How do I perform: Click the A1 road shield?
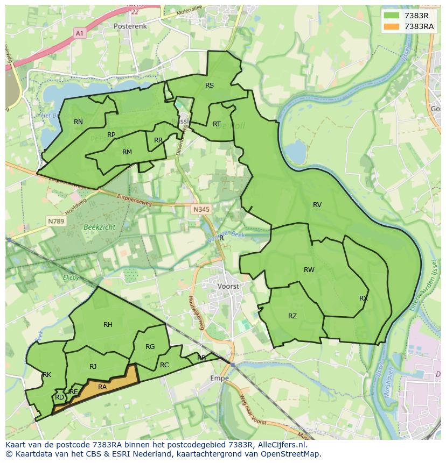pos(80,33)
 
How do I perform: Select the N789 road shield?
pos(56,221)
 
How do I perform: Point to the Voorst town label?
pos(228,287)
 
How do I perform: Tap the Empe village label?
pos(219,378)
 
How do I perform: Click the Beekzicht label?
pos(99,227)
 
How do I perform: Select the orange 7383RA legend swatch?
pos(392,26)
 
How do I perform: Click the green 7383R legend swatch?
pos(392,16)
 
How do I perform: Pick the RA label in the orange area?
pos(102,387)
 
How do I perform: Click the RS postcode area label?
pos(210,86)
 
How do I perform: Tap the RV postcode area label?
pos(317,205)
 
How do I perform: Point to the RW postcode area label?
pos(309,270)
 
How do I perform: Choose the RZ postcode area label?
pos(292,316)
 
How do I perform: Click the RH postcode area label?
pos(108,324)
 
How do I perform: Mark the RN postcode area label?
pos(78,122)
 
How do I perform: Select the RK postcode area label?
pos(47,375)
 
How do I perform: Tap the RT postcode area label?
pos(217,124)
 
